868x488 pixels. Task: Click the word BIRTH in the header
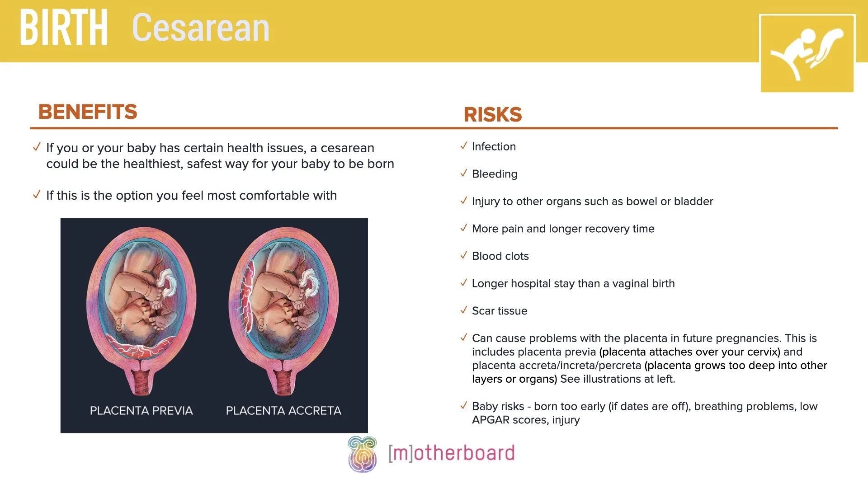point(64,28)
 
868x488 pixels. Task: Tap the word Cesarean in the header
point(200,28)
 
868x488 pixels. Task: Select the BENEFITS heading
point(88,112)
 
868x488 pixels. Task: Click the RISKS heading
point(493,115)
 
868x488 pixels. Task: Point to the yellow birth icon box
point(807,53)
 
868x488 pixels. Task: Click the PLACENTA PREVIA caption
point(141,411)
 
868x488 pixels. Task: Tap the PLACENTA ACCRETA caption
point(283,411)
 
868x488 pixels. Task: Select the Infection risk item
point(494,147)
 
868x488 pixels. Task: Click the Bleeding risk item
point(495,174)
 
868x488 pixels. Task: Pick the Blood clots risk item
point(500,256)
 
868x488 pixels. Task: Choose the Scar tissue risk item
point(500,311)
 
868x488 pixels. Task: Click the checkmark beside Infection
point(463,146)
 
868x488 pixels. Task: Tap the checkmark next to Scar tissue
point(463,310)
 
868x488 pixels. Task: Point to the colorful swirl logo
point(362,454)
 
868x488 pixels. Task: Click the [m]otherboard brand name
point(451,453)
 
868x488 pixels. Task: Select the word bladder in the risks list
point(693,202)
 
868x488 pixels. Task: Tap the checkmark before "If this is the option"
point(37,195)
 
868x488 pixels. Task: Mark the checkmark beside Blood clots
point(463,255)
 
